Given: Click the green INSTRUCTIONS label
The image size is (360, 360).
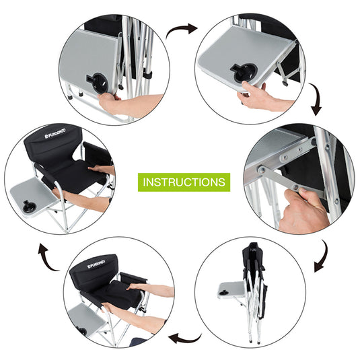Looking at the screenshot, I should tap(184, 182).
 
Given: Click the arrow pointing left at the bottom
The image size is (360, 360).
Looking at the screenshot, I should tap(184, 336).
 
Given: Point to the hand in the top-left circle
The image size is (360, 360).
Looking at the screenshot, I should tap(135, 102).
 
